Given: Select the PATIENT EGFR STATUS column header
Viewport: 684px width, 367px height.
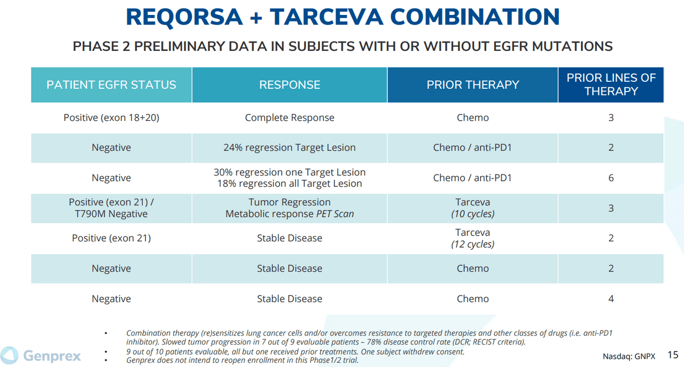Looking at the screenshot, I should pyautogui.click(x=111, y=85).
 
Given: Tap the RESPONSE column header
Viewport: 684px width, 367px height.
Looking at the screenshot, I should pyautogui.click(x=290, y=85).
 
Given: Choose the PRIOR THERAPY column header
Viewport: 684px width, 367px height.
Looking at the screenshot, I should pyautogui.click(x=472, y=85).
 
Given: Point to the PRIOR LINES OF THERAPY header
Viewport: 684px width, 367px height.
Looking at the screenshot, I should pyautogui.click(x=611, y=85).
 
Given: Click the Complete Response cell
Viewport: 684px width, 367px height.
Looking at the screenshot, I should pyautogui.click(x=290, y=118).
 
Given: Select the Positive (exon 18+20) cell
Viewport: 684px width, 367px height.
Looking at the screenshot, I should pyautogui.click(x=111, y=118).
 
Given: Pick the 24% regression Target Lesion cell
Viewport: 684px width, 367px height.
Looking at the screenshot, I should pyautogui.click(x=290, y=148).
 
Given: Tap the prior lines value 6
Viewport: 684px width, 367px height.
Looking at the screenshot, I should pyautogui.click(x=611, y=178).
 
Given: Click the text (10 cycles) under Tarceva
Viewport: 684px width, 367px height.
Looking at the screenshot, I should pyautogui.click(x=472, y=214).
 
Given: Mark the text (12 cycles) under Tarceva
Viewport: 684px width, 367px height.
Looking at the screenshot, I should pyautogui.click(x=472, y=244).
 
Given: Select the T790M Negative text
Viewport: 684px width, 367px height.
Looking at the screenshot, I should pyautogui.click(x=111, y=214).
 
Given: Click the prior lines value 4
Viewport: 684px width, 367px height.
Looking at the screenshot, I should pyautogui.click(x=611, y=299).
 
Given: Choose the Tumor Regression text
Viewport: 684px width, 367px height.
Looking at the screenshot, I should pyautogui.click(x=290, y=202).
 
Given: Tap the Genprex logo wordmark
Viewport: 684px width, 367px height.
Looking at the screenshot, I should pyautogui.click(x=52, y=356).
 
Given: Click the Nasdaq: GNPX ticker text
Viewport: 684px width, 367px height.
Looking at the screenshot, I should pyautogui.click(x=628, y=356).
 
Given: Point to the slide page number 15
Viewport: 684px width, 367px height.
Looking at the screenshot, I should pyautogui.click(x=673, y=355).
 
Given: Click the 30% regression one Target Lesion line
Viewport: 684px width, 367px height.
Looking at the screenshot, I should pyautogui.click(x=290, y=172).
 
